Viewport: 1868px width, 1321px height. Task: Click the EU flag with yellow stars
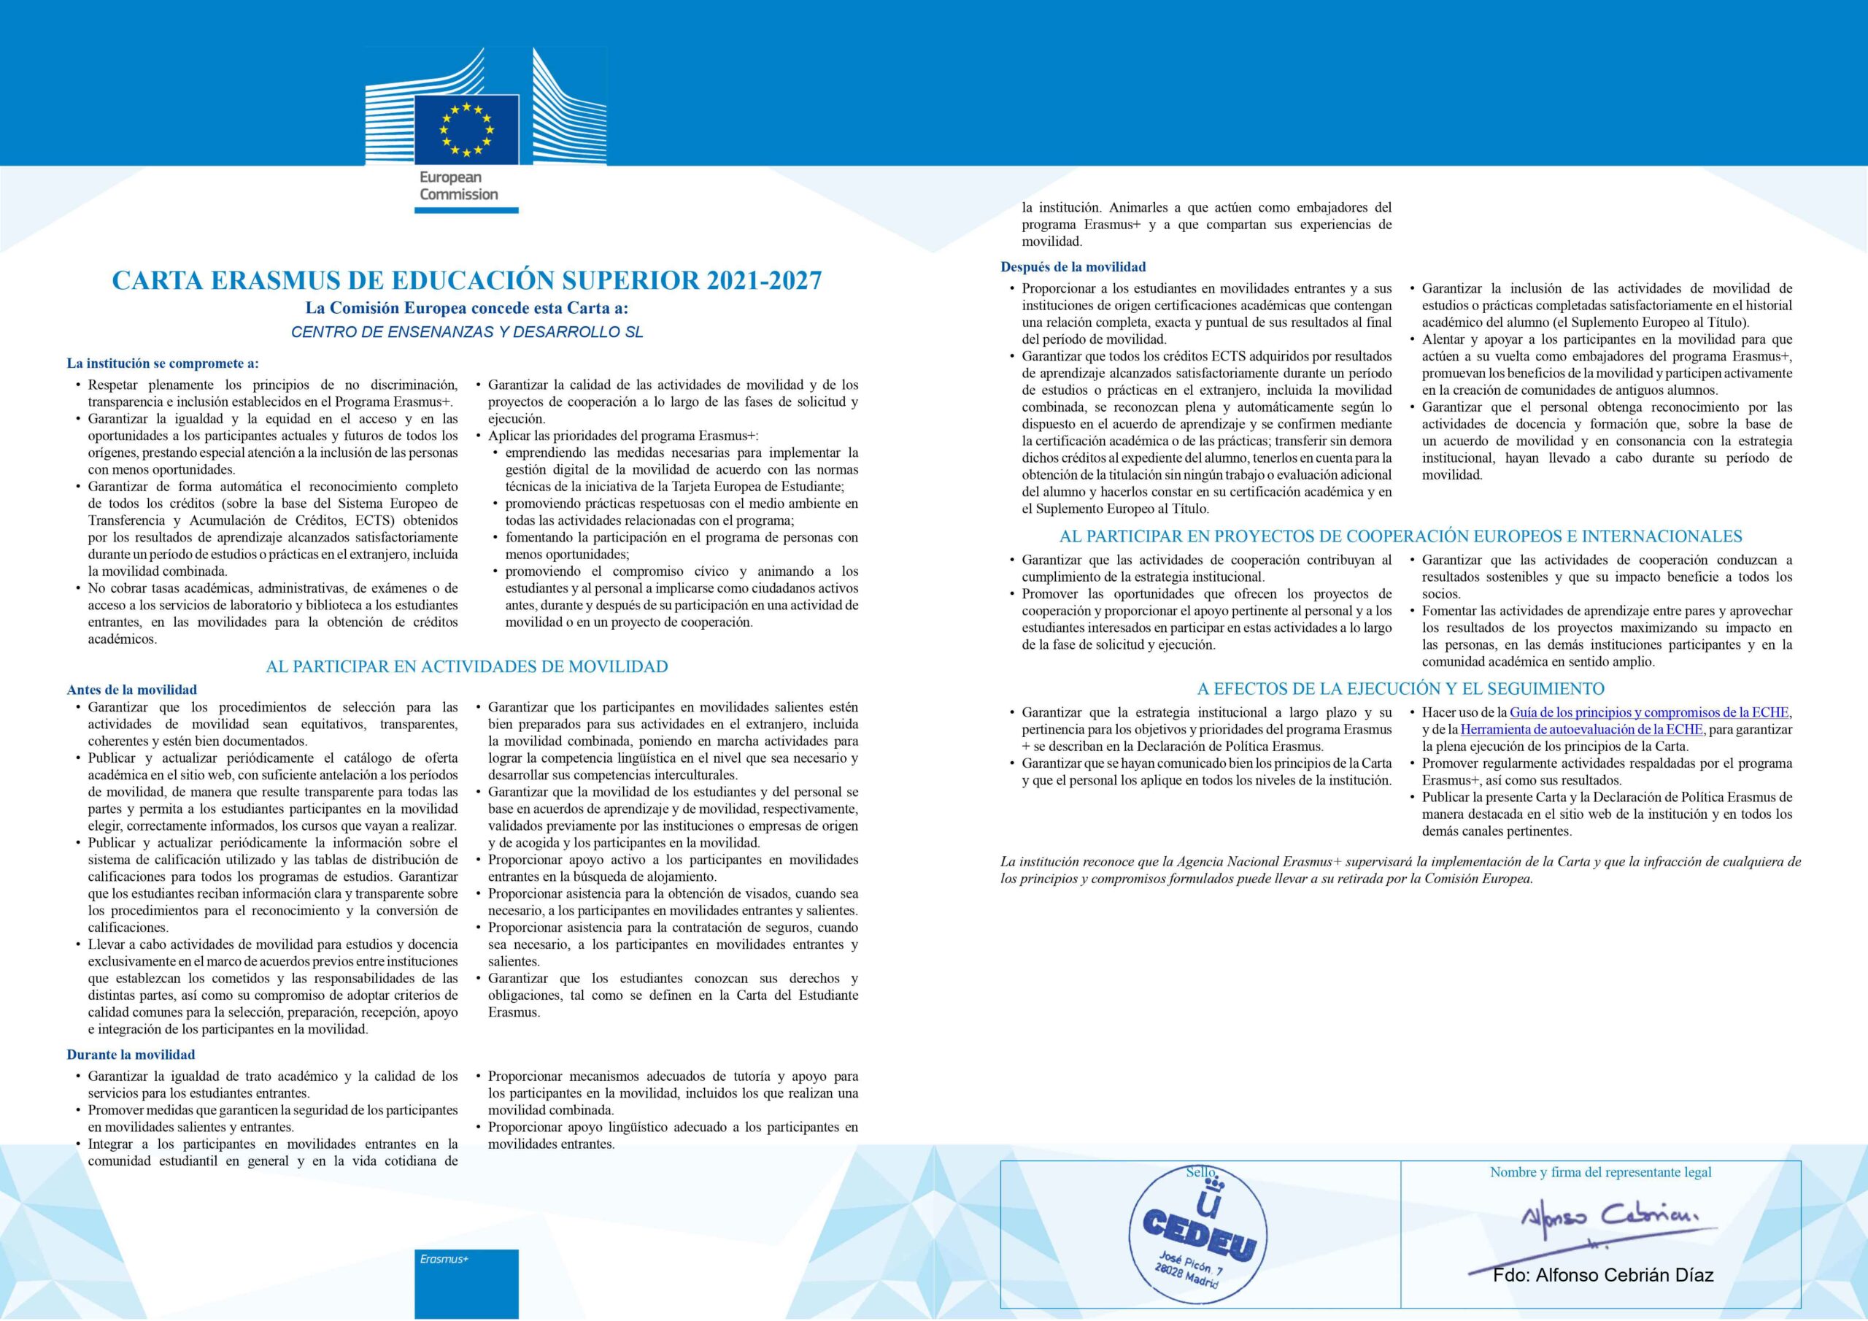click(466, 128)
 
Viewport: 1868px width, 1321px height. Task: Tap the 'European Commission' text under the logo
click(459, 185)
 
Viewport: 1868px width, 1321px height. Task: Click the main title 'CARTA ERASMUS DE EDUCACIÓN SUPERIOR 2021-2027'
click(466, 280)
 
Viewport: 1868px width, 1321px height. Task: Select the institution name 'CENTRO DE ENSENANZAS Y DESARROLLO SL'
click(467, 332)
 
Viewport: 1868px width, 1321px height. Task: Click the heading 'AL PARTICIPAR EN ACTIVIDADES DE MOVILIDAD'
click(466, 666)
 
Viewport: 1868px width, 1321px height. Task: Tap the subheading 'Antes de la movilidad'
click(132, 690)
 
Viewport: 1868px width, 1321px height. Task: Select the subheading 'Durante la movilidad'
click(131, 1054)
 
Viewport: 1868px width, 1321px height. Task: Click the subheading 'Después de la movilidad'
click(1073, 266)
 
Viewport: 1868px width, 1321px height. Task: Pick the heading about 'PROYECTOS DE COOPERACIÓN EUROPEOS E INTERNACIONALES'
click(1400, 536)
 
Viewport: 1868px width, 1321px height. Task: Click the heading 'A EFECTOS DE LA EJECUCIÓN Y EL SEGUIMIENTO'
click(1400, 688)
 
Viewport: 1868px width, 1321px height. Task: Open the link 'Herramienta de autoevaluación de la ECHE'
click(1581, 729)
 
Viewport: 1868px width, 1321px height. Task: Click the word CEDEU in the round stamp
click(1199, 1241)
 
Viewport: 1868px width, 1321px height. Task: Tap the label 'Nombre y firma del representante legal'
click(1600, 1172)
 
